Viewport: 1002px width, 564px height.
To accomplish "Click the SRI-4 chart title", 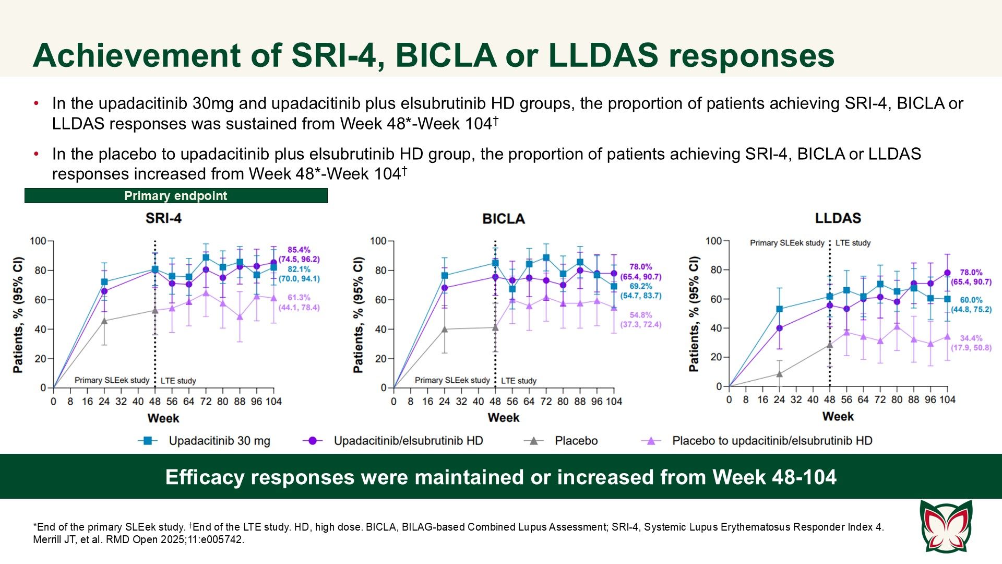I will coord(163,218).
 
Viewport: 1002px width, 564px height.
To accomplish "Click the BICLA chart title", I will coord(503,219).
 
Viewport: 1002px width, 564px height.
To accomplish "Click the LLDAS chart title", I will coord(838,218).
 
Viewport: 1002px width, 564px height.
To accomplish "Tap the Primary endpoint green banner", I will coord(176,196).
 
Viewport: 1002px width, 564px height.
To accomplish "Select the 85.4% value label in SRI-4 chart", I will coord(299,250).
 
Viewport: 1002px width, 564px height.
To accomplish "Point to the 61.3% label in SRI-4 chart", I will coord(299,298).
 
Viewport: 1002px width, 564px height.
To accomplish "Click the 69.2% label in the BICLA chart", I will coord(640,286).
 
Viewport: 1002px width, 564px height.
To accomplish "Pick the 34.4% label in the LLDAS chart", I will coord(971,338).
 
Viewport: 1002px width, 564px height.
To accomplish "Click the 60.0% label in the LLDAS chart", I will coord(971,300).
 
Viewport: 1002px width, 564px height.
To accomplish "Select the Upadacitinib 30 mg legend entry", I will coord(219,441).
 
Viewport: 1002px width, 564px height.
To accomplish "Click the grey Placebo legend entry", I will coord(576,441).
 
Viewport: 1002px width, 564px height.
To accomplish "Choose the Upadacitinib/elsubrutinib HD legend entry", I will coord(408,441).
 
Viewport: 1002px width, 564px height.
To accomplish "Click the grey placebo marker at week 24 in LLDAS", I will coord(779,374).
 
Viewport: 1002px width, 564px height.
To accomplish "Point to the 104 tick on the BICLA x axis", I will coord(614,402).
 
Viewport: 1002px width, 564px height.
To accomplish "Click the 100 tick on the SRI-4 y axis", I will coord(38,241).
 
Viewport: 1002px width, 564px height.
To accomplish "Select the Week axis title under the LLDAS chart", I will coord(838,417).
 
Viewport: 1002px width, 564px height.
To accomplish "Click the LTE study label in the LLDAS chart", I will coord(853,243).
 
